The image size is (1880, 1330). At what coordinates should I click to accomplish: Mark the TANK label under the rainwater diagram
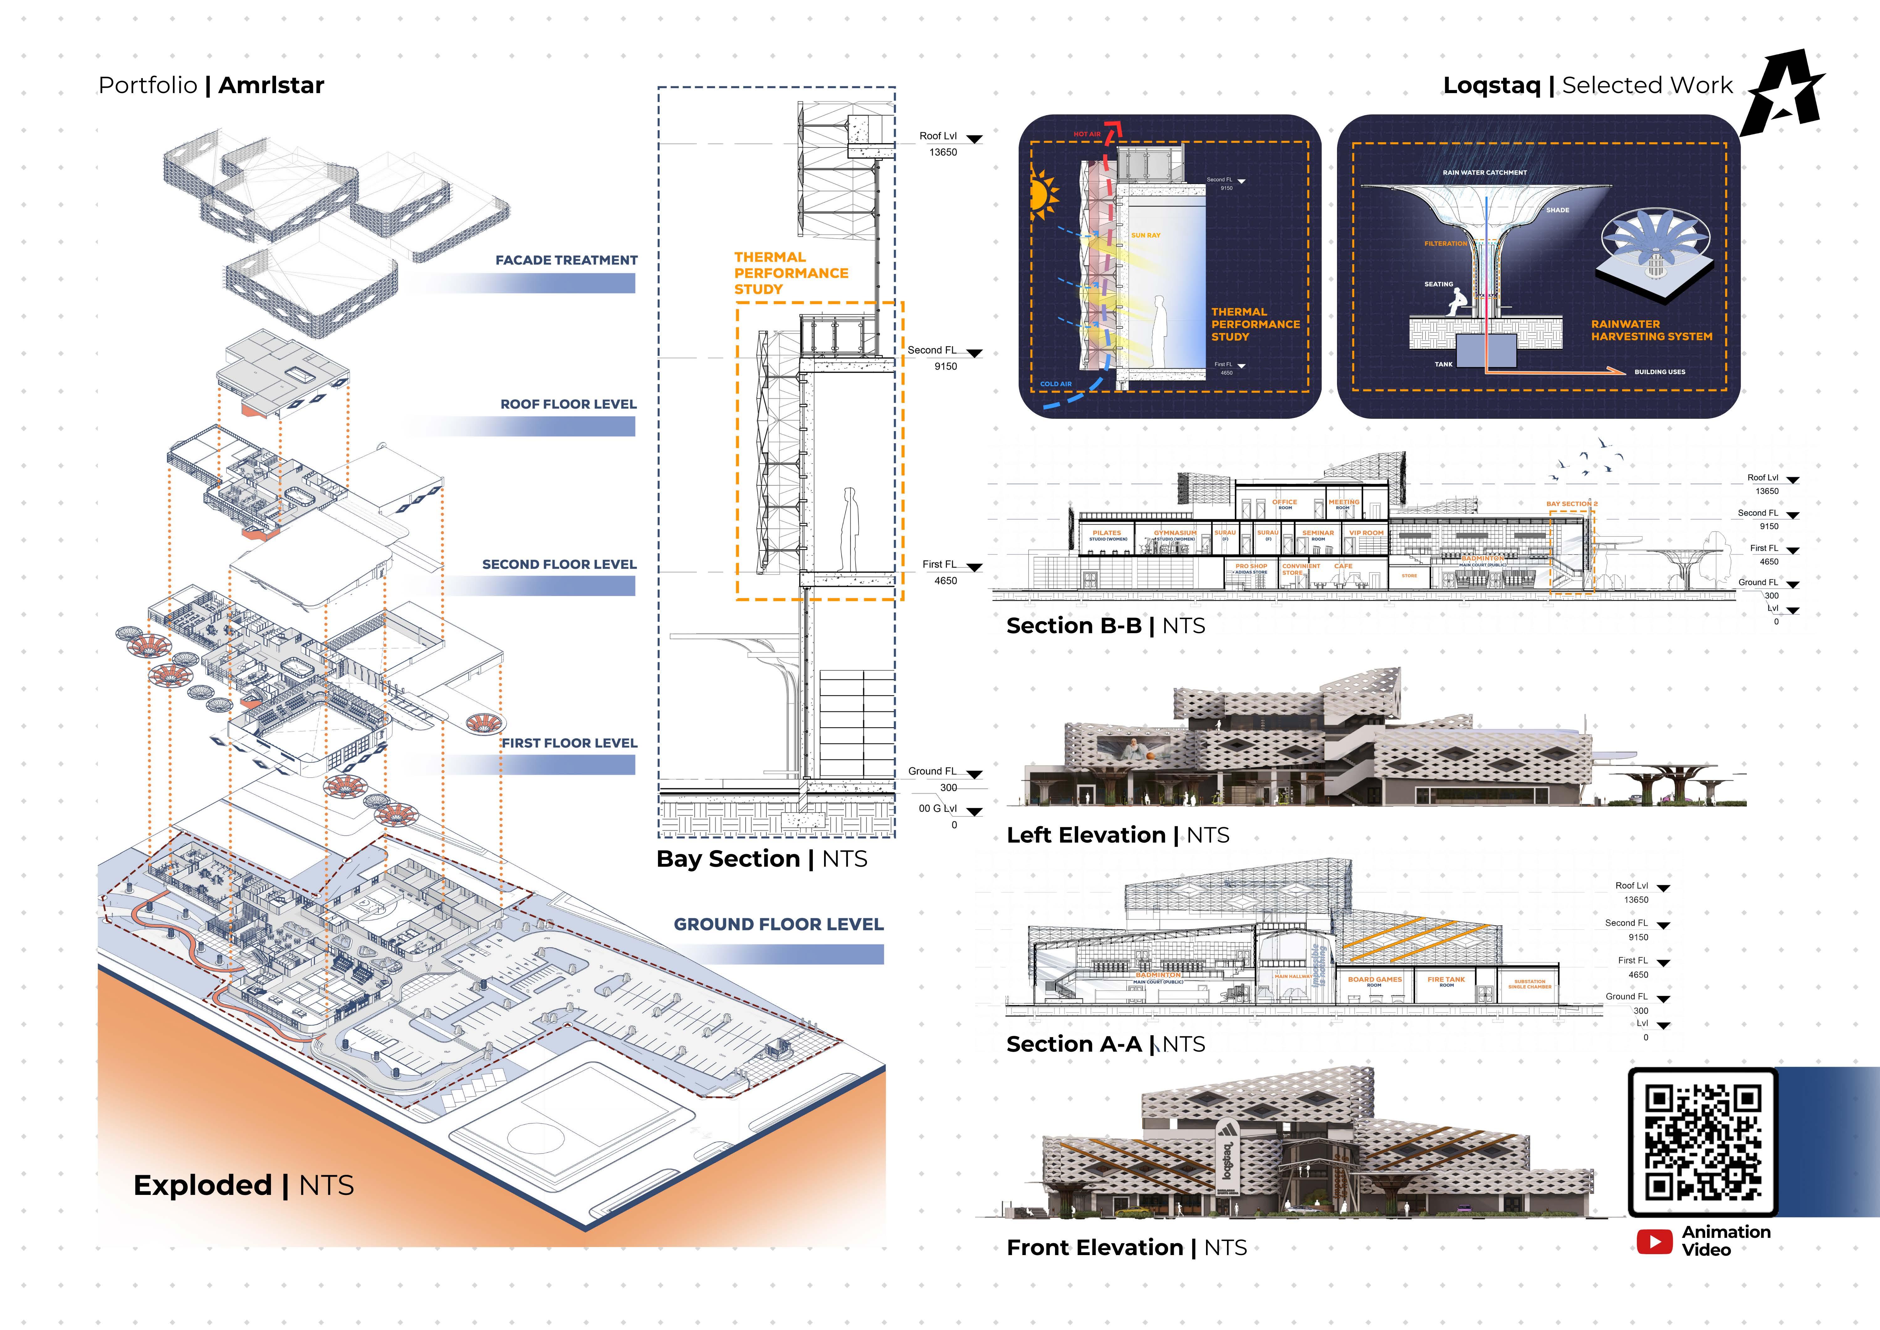1444,365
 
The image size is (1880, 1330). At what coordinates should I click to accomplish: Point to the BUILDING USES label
1660,372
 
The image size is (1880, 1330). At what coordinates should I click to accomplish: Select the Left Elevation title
1086,835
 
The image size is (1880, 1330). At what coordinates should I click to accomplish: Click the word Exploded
202,1185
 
